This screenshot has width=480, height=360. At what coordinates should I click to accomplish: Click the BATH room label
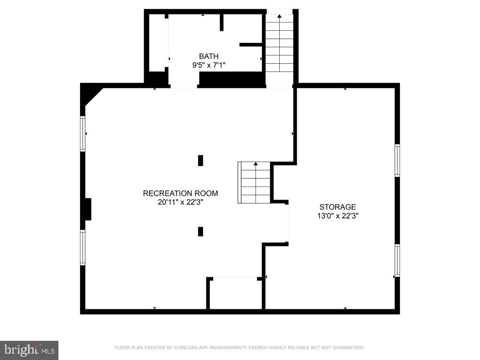pos(209,56)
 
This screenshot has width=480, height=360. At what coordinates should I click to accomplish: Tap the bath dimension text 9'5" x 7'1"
pos(209,65)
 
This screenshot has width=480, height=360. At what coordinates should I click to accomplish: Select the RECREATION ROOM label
pos(180,194)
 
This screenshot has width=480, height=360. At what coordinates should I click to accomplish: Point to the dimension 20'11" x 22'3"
pos(180,202)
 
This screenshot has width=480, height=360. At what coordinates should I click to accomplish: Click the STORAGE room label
pos(337,207)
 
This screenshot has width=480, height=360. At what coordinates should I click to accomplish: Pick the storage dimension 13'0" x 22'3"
pos(337,216)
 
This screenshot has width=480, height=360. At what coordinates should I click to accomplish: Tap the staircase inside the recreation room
pos(255,183)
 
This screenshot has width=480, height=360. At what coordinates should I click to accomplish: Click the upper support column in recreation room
pos(200,160)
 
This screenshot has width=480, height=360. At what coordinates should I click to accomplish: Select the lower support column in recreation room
pos(200,232)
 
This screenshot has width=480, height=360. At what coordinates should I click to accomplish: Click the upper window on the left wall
pos(83,134)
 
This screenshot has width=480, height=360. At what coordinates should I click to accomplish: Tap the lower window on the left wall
pos(83,248)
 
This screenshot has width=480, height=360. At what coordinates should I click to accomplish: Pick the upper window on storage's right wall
pos(397,160)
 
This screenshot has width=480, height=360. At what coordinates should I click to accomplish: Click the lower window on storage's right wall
pos(397,260)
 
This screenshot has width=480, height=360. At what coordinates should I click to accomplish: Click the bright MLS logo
pos(29,350)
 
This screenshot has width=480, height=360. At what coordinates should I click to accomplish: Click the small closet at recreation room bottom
pos(236,293)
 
